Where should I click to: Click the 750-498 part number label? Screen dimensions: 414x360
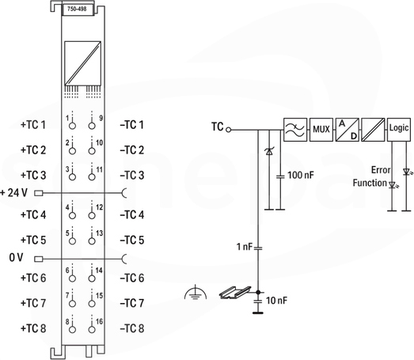(77, 9)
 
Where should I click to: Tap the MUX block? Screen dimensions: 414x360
(321, 130)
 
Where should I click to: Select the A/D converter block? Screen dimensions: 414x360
(348, 130)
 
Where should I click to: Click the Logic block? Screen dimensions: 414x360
(399, 130)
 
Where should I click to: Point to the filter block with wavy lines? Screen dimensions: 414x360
(295, 130)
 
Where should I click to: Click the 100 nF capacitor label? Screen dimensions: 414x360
(301, 175)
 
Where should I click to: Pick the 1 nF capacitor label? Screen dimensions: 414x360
(245, 247)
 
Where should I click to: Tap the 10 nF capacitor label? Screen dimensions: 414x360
(276, 301)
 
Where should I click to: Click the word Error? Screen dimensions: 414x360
(381, 170)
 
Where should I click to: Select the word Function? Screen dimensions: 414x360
(370, 183)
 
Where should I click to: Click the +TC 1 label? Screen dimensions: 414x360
(33, 125)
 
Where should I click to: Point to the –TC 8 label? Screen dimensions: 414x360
(132, 328)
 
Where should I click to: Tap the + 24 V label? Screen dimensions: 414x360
(13, 193)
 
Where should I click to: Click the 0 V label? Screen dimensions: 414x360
(16, 258)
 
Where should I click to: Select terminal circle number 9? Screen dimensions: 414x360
(92, 126)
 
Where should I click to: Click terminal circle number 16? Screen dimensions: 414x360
(92, 330)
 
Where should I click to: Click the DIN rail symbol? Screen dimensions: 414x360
(235, 292)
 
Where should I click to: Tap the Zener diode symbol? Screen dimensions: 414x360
(269, 151)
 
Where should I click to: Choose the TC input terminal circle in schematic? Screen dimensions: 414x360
(229, 130)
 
